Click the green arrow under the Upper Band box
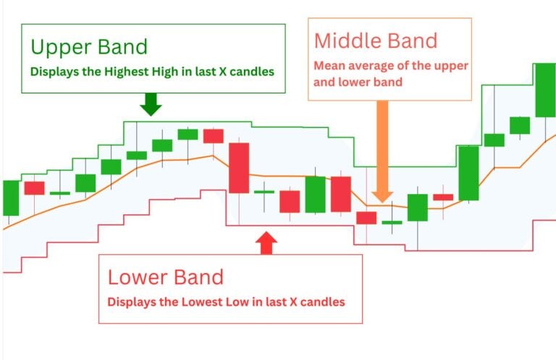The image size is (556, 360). point(151,106)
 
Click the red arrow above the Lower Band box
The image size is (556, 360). point(267,243)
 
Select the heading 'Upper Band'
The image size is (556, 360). point(88,48)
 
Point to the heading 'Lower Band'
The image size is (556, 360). point(166,277)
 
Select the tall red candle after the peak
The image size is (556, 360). point(238,167)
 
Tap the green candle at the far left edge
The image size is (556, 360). point(10,198)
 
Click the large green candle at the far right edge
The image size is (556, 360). point(545,91)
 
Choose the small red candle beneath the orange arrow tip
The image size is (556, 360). point(366,217)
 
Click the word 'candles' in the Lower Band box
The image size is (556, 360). point(321,301)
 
